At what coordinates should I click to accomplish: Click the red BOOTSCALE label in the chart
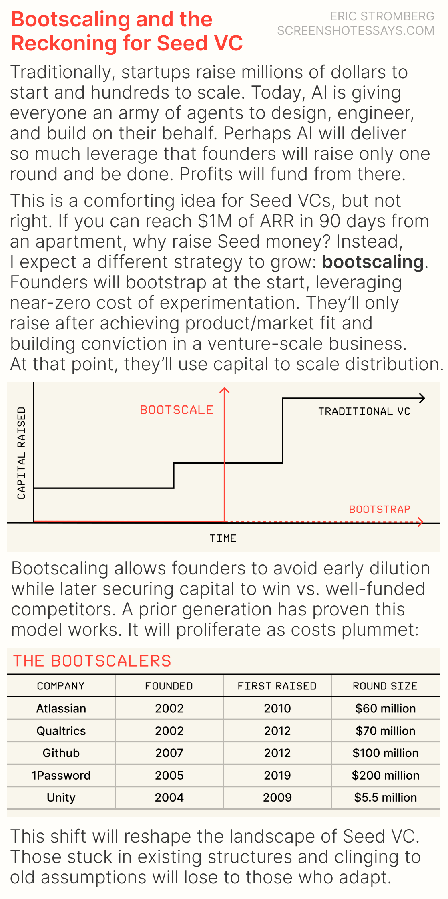[x=177, y=410]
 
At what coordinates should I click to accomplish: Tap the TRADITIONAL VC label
[x=364, y=411]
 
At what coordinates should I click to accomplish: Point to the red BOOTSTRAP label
[x=380, y=509]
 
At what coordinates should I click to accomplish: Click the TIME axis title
[x=223, y=538]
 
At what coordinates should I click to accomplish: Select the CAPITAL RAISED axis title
[x=21, y=453]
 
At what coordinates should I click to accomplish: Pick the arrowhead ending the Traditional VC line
[x=422, y=398]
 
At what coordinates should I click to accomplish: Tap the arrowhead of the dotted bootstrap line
[x=420, y=522]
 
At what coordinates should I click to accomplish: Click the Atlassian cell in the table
[x=61, y=708]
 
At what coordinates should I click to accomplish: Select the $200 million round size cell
[x=385, y=775]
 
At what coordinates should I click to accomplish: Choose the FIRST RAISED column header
[x=277, y=686]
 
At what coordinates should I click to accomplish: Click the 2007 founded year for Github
[x=169, y=753]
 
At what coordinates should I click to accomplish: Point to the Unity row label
[x=61, y=797]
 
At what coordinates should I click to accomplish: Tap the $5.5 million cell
[x=385, y=797]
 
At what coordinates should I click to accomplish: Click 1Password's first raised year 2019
[x=277, y=775]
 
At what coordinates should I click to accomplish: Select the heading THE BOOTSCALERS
[x=92, y=661]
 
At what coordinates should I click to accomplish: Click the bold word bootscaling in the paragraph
[x=373, y=262]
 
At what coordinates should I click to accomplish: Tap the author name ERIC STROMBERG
[x=382, y=16]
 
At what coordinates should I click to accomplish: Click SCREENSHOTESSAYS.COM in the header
[x=356, y=31]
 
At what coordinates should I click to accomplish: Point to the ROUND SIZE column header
[x=385, y=686]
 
